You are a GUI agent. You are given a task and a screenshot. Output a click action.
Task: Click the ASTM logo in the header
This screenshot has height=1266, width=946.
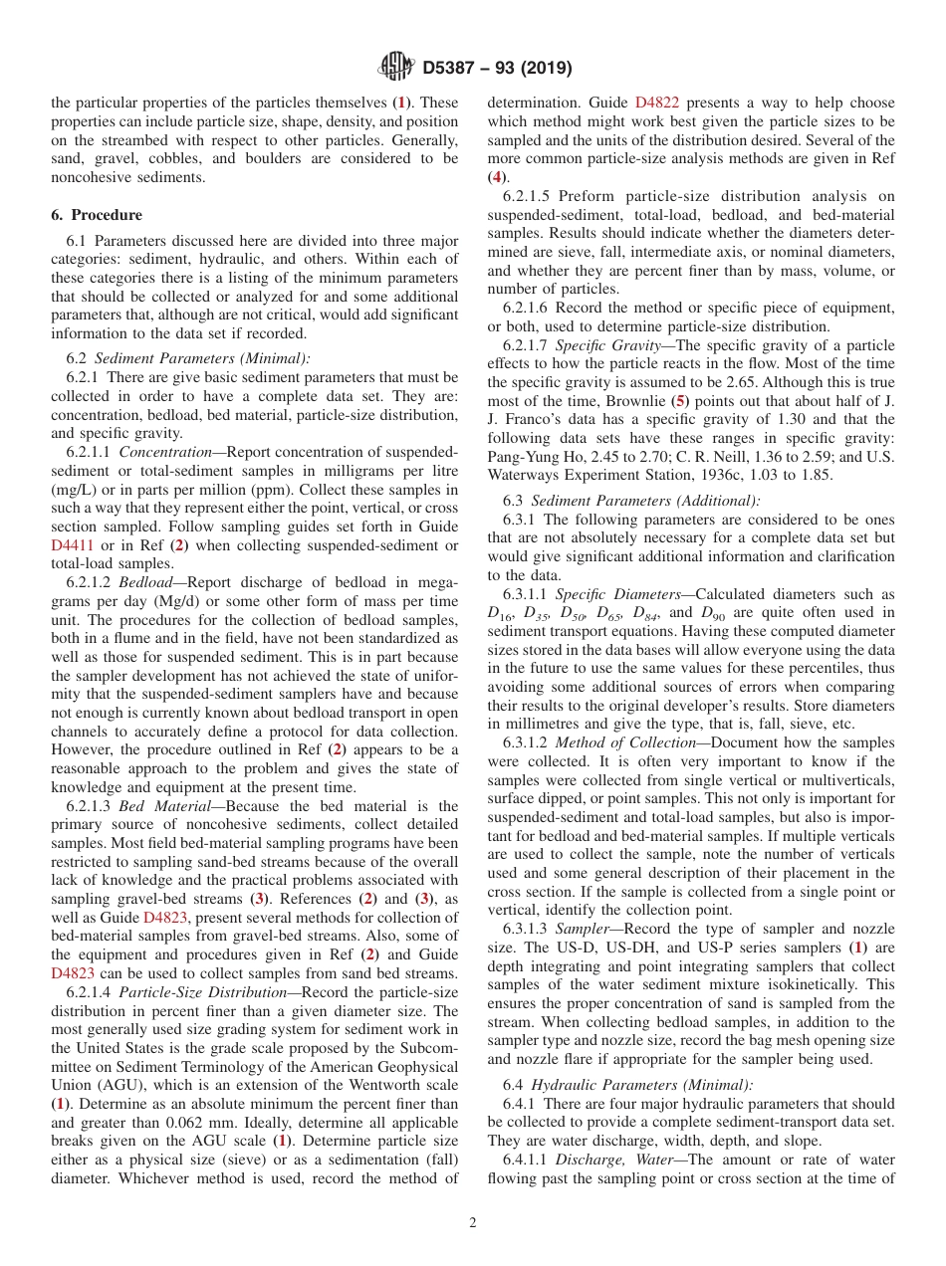pyautogui.click(x=396, y=68)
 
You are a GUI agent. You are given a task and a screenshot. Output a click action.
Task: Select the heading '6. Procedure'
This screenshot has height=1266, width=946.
pyautogui.click(x=97, y=215)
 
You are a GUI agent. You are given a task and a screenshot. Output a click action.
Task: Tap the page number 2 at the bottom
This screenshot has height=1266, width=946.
pyautogui.click(x=473, y=1222)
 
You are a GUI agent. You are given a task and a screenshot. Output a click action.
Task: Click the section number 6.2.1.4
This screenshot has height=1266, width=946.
pyautogui.click(x=89, y=1000)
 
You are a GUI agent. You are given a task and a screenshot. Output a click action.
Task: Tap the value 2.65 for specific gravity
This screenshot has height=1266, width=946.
pyautogui.click(x=751, y=382)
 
